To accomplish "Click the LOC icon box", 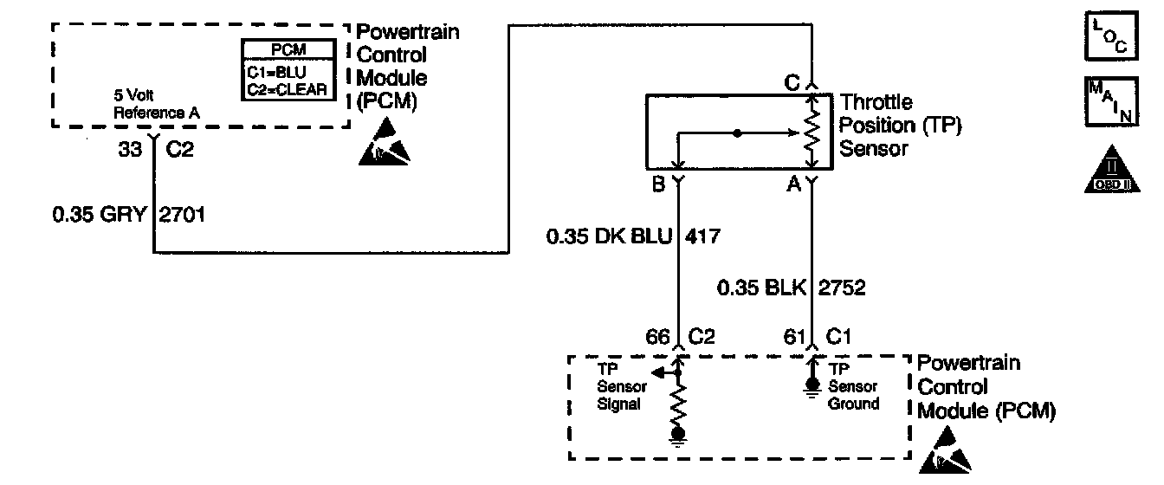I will pyautogui.click(x=1109, y=36).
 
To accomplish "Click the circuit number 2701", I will pyautogui.click(x=181, y=213).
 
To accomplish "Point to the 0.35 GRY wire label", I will pyautogui.click(x=100, y=213).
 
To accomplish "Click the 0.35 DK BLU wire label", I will pyautogui.click(x=610, y=236).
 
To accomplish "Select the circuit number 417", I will pyautogui.click(x=702, y=236).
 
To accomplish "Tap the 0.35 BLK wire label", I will pyautogui.click(x=756, y=287).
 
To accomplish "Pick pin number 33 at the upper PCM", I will pyautogui.click(x=131, y=148).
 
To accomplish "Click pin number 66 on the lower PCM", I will pyautogui.click(x=656, y=337).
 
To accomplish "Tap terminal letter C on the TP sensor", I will pyautogui.click(x=792, y=83).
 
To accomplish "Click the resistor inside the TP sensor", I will pyautogui.click(x=812, y=133).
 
